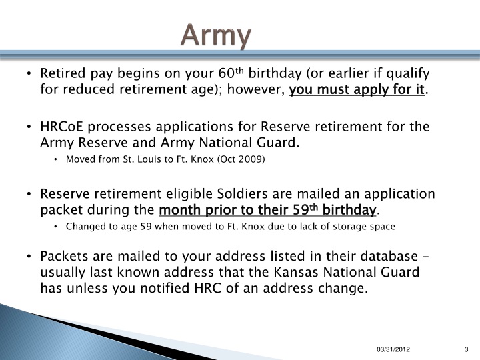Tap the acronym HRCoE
click(x=63, y=127)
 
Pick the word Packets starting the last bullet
click(x=64, y=257)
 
